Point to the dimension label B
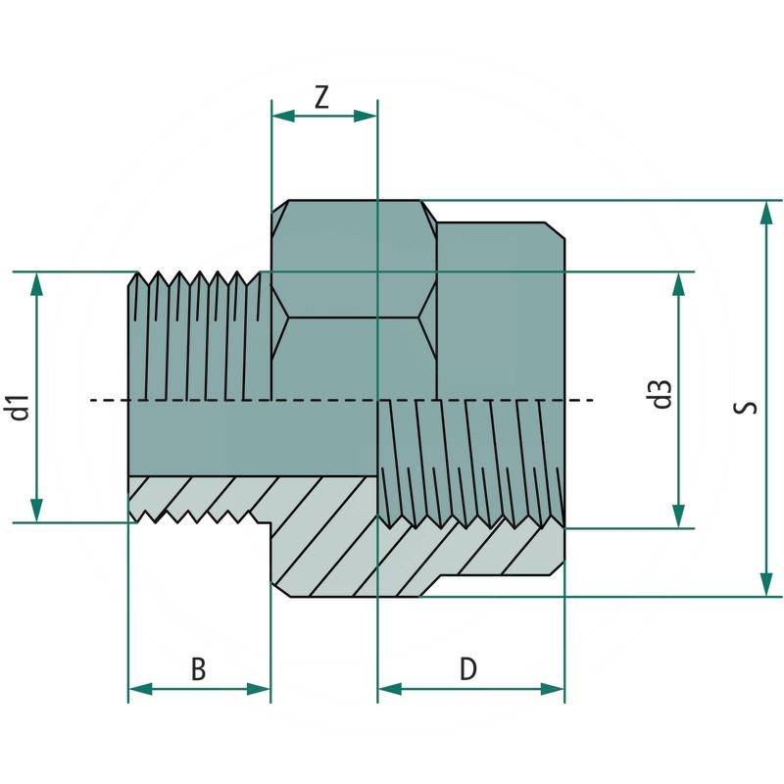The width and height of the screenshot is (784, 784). coord(198,669)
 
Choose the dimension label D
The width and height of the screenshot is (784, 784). coord(468,669)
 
